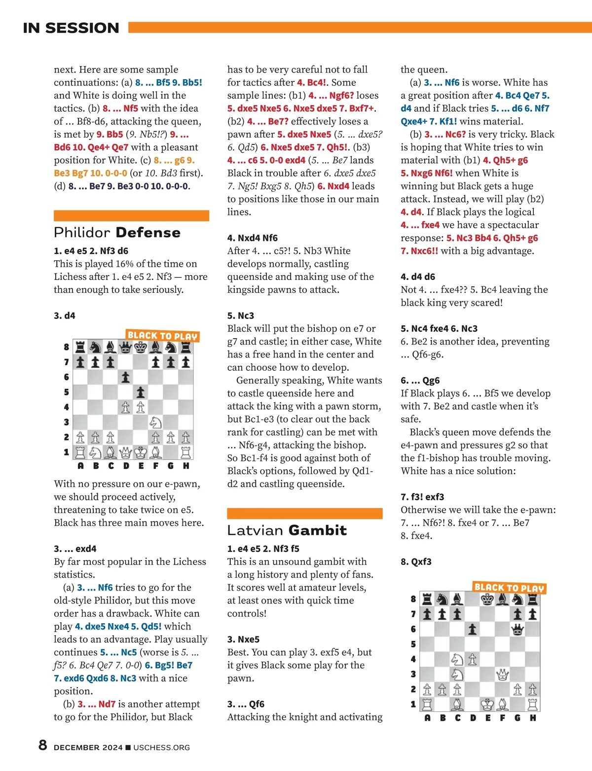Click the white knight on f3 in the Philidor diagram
click(x=155, y=422)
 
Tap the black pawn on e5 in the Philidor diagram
click(x=141, y=392)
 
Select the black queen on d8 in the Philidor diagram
click(x=126, y=348)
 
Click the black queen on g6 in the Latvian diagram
click(x=518, y=629)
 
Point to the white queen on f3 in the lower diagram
click(x=503, y=674)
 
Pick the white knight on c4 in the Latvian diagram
click(x=457, y=659)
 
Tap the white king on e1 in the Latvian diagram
click(x=487, y=704)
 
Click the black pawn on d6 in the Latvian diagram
click(x=473, y=629)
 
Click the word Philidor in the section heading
click(x=82, y=233)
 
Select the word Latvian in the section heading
click(x=256, y=530)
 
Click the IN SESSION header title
click(x=71, y=28)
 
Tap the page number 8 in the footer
click(x=43, y=745)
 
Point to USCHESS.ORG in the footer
click(x=161, y=747)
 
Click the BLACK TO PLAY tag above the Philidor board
click(x=162, y=336)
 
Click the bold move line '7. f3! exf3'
click(x=422, y=497)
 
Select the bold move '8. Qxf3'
click(x=416, y=561)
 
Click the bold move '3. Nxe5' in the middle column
click(x=243, y=639)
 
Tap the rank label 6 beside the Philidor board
click(x=67, y=377)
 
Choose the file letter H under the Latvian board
click(x=533, y=718)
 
